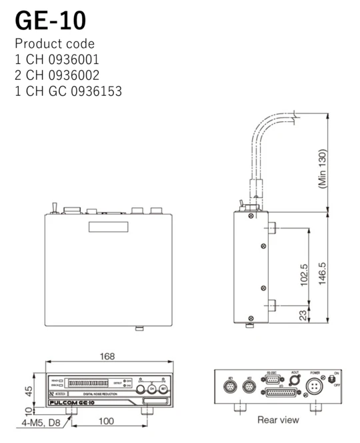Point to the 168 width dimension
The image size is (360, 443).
(107, 357)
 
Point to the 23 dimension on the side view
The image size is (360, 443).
(305, 314)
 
